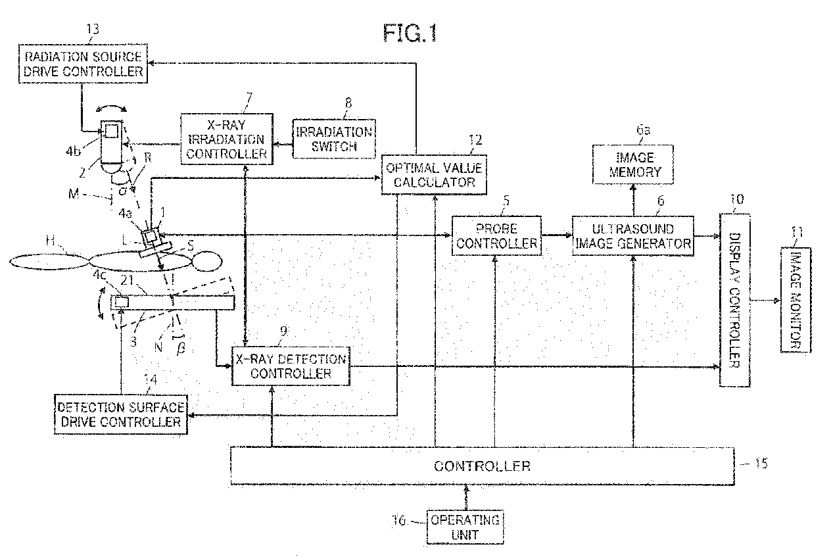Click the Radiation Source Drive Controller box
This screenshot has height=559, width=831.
click(83, 64)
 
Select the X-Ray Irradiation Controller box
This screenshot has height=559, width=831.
click(227, 139)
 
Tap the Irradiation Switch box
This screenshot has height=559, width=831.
click(334, 139)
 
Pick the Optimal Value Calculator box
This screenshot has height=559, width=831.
click(434, 175)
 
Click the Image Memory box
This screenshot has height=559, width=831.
click(633, 164)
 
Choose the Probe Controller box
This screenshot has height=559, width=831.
click(496, 235)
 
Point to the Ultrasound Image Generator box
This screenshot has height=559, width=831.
click(633, 235)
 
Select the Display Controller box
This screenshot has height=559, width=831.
click(735, 300)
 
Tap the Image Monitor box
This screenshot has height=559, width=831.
click(795, 300)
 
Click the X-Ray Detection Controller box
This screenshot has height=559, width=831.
click(291, 366)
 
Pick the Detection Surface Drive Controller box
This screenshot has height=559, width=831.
click(121, 414)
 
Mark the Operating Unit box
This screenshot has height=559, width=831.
click(465, 527)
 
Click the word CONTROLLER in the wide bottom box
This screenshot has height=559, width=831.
click(483, 466)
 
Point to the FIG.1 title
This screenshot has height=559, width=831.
click(410, 33)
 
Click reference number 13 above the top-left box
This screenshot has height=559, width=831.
click(93, 29)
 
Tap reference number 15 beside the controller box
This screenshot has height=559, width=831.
click(761, 463)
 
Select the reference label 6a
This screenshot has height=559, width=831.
click(643, 130)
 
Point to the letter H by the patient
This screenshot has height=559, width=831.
click(50, 240)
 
